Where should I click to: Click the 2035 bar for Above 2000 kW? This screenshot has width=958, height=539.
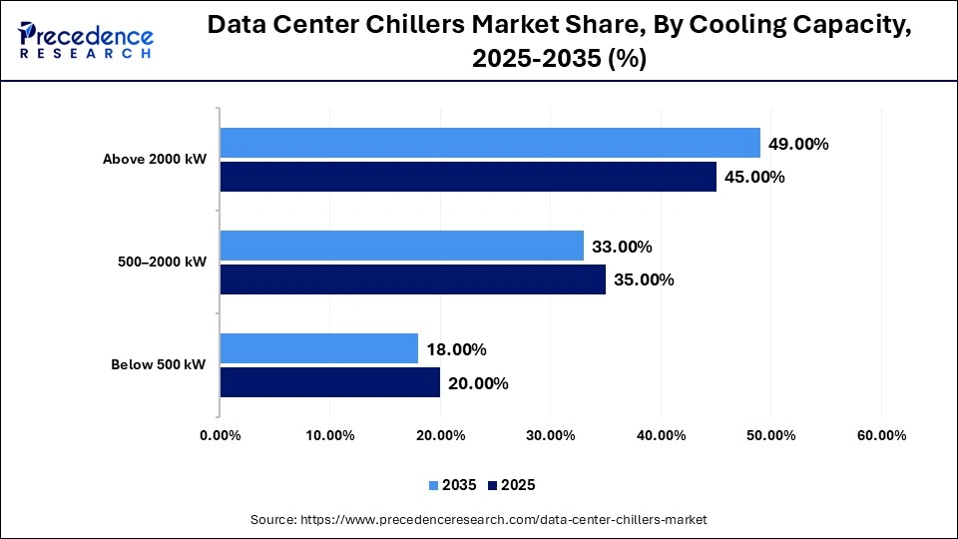pyautogui.click(x=490, y=143)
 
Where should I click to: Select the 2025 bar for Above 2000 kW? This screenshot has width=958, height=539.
pyautogui.click(x=468, y=177)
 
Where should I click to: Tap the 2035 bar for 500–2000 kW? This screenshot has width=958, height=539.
pyautogui.click(x=402, y=246)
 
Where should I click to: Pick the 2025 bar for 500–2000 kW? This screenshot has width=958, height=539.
pyautogui.click(x=413, y=279)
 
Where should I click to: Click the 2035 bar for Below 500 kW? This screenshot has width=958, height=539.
pyautogui.click(x=319, y=348)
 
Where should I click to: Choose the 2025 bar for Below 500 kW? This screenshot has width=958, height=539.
pyautogui.click(x=330, y=382)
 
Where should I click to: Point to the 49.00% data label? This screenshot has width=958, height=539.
pyautogui.click(x=798, y=144)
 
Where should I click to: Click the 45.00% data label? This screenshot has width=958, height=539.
pyautogui.click(x=754, y=178)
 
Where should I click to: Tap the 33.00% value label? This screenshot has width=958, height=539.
pyautogui.click(x=622, y=247)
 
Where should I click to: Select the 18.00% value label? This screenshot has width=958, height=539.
pyautogui.click(x=456, y=349)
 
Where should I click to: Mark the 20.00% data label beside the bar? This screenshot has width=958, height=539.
pyautogui.click(x=478, y=383)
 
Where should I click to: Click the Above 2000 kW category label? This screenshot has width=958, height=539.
pyautogui.click(x=155, y=160)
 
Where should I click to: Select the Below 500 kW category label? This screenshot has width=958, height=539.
pyautogui.click(x=159, y=365)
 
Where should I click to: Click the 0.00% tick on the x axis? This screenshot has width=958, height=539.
pyautogui.click(x=221, y=435)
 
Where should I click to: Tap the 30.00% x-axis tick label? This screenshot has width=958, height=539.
pyautogui.click(x=551, y=435)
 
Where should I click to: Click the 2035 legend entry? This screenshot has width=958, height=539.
pyautogui.click(x=454, y=485)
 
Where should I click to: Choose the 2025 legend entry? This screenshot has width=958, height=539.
pyautogui.click(x=512, y=485)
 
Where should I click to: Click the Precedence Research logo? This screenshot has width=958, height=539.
pyautogui.click(x=85, y=41)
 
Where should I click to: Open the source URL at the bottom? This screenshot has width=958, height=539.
pyautogui.click(x=479, y=519)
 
